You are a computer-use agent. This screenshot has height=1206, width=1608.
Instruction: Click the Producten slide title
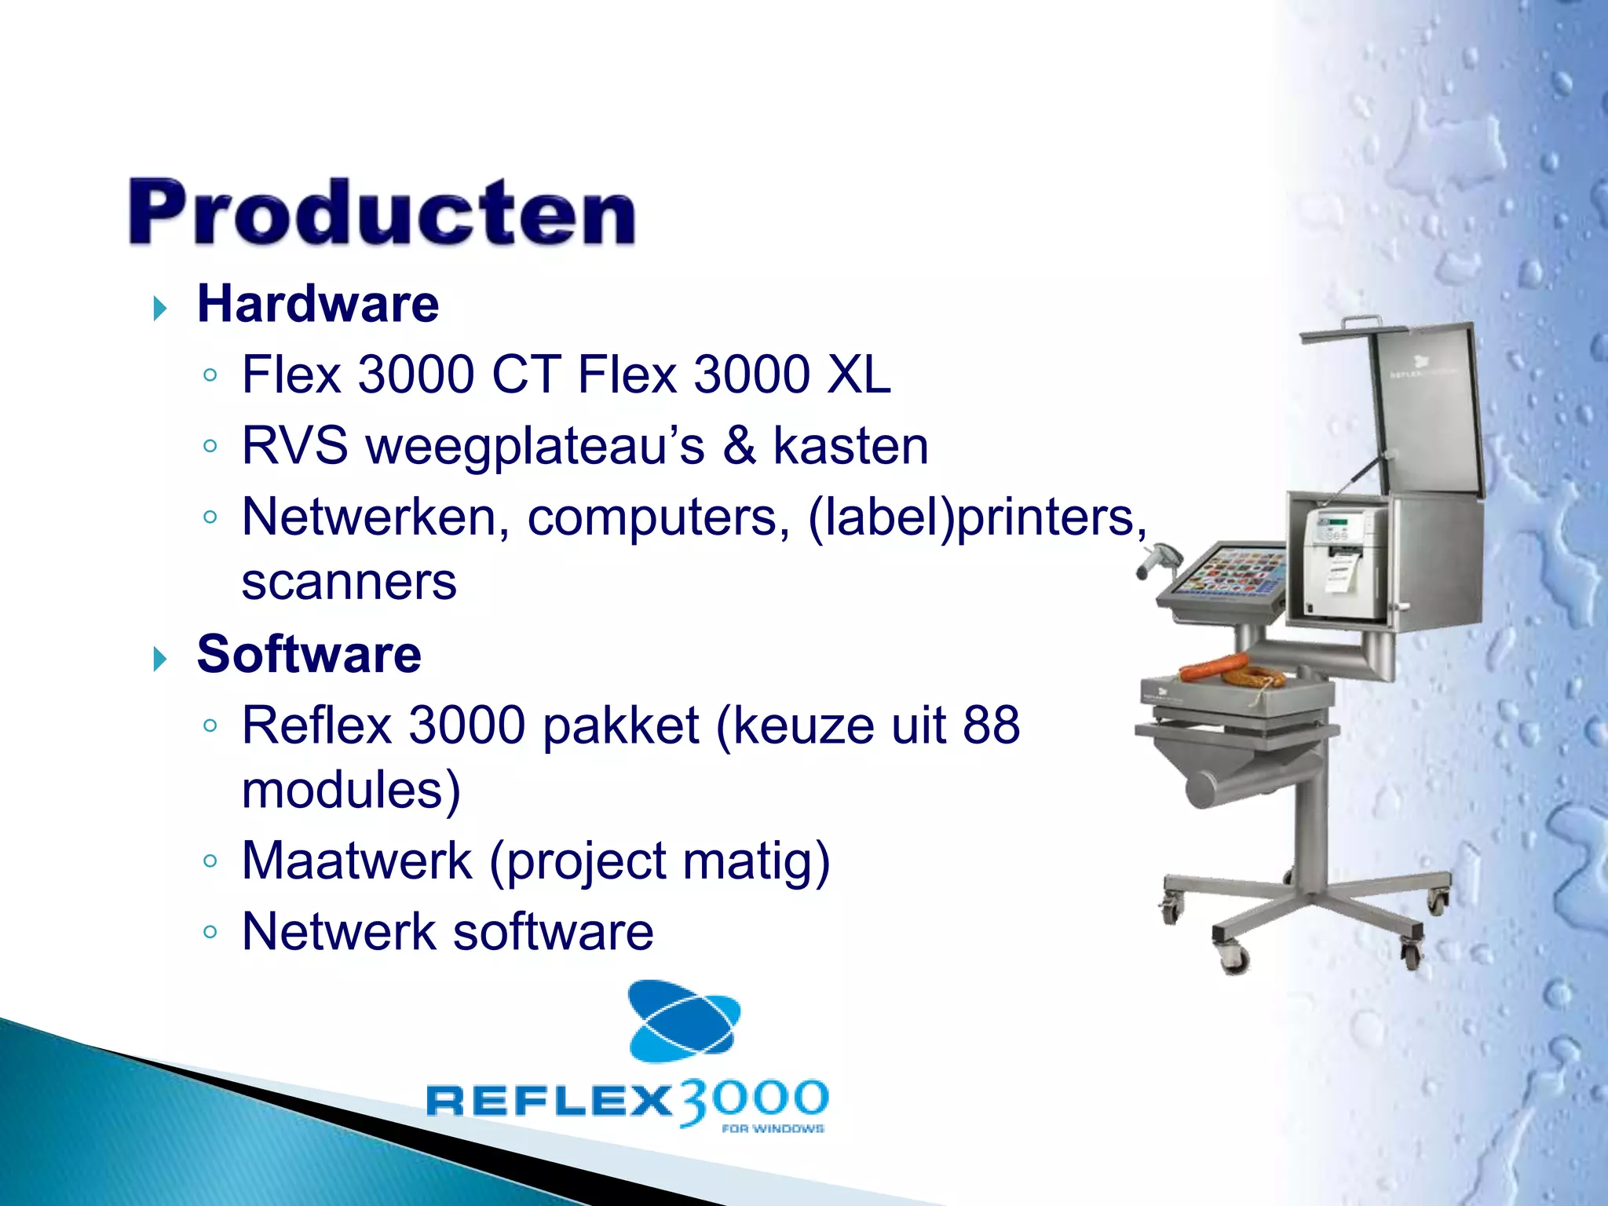tap(382, 213)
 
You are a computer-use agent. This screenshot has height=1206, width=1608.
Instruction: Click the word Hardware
tap(318, 304)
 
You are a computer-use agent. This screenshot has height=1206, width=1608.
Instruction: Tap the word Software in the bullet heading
tap(309, 654)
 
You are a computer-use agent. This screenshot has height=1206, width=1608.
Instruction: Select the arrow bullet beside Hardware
tap(160, 309)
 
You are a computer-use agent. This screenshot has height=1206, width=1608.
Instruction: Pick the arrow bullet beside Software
tap(160, 659)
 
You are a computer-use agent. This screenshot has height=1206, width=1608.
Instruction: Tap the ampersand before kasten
tap(739, 446)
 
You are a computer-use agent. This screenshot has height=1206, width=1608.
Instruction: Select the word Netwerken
tap(375, 517)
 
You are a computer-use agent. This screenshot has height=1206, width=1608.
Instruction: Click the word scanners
tap(349, 583)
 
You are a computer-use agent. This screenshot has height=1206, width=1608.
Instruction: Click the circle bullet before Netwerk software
tap(210, 932)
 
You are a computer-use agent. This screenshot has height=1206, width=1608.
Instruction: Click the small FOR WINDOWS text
tap(773, 1129)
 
